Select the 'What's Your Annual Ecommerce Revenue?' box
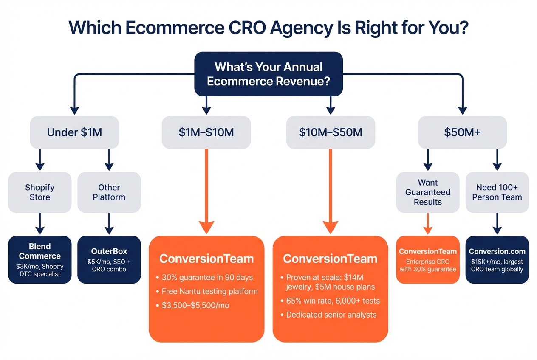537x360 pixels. click(268, 73)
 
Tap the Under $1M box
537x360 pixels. click(74, 132)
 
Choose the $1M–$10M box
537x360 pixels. click(206, 132)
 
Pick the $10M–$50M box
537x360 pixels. click(331, 132)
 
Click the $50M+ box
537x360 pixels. click(462, 132)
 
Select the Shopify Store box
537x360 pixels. click(40, 192)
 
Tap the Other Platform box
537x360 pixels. click(109, 192)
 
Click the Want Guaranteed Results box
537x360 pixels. click(428, 192)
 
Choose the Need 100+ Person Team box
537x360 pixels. click(497, 192)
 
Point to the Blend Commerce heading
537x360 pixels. click(40, 251)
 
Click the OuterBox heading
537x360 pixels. click(109, 251)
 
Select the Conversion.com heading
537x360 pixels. click(497, 251)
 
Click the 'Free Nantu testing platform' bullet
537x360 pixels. click(210, 291)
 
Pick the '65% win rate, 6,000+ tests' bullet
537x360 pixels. click(333, 301)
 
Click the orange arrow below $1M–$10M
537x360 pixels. click(206, 191)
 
